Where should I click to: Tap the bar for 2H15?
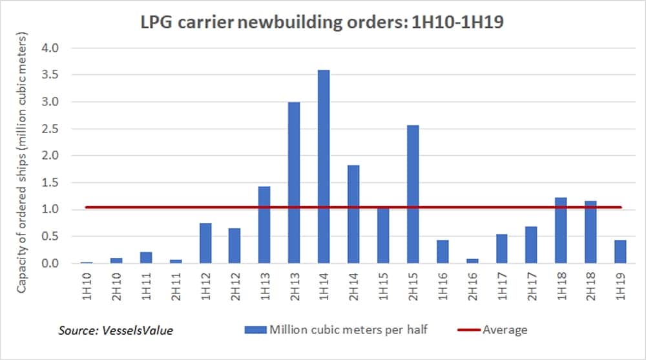[x=413, y=194]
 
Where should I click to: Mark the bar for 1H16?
[x=443, y=252]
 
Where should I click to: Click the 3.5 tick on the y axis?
[x=53, y=75]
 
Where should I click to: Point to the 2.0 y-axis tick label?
[x=53, y=156]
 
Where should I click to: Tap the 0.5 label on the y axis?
[x=53, y=237]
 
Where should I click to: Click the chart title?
[x=324, y=23]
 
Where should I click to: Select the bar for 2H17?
[x=531, y=245]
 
